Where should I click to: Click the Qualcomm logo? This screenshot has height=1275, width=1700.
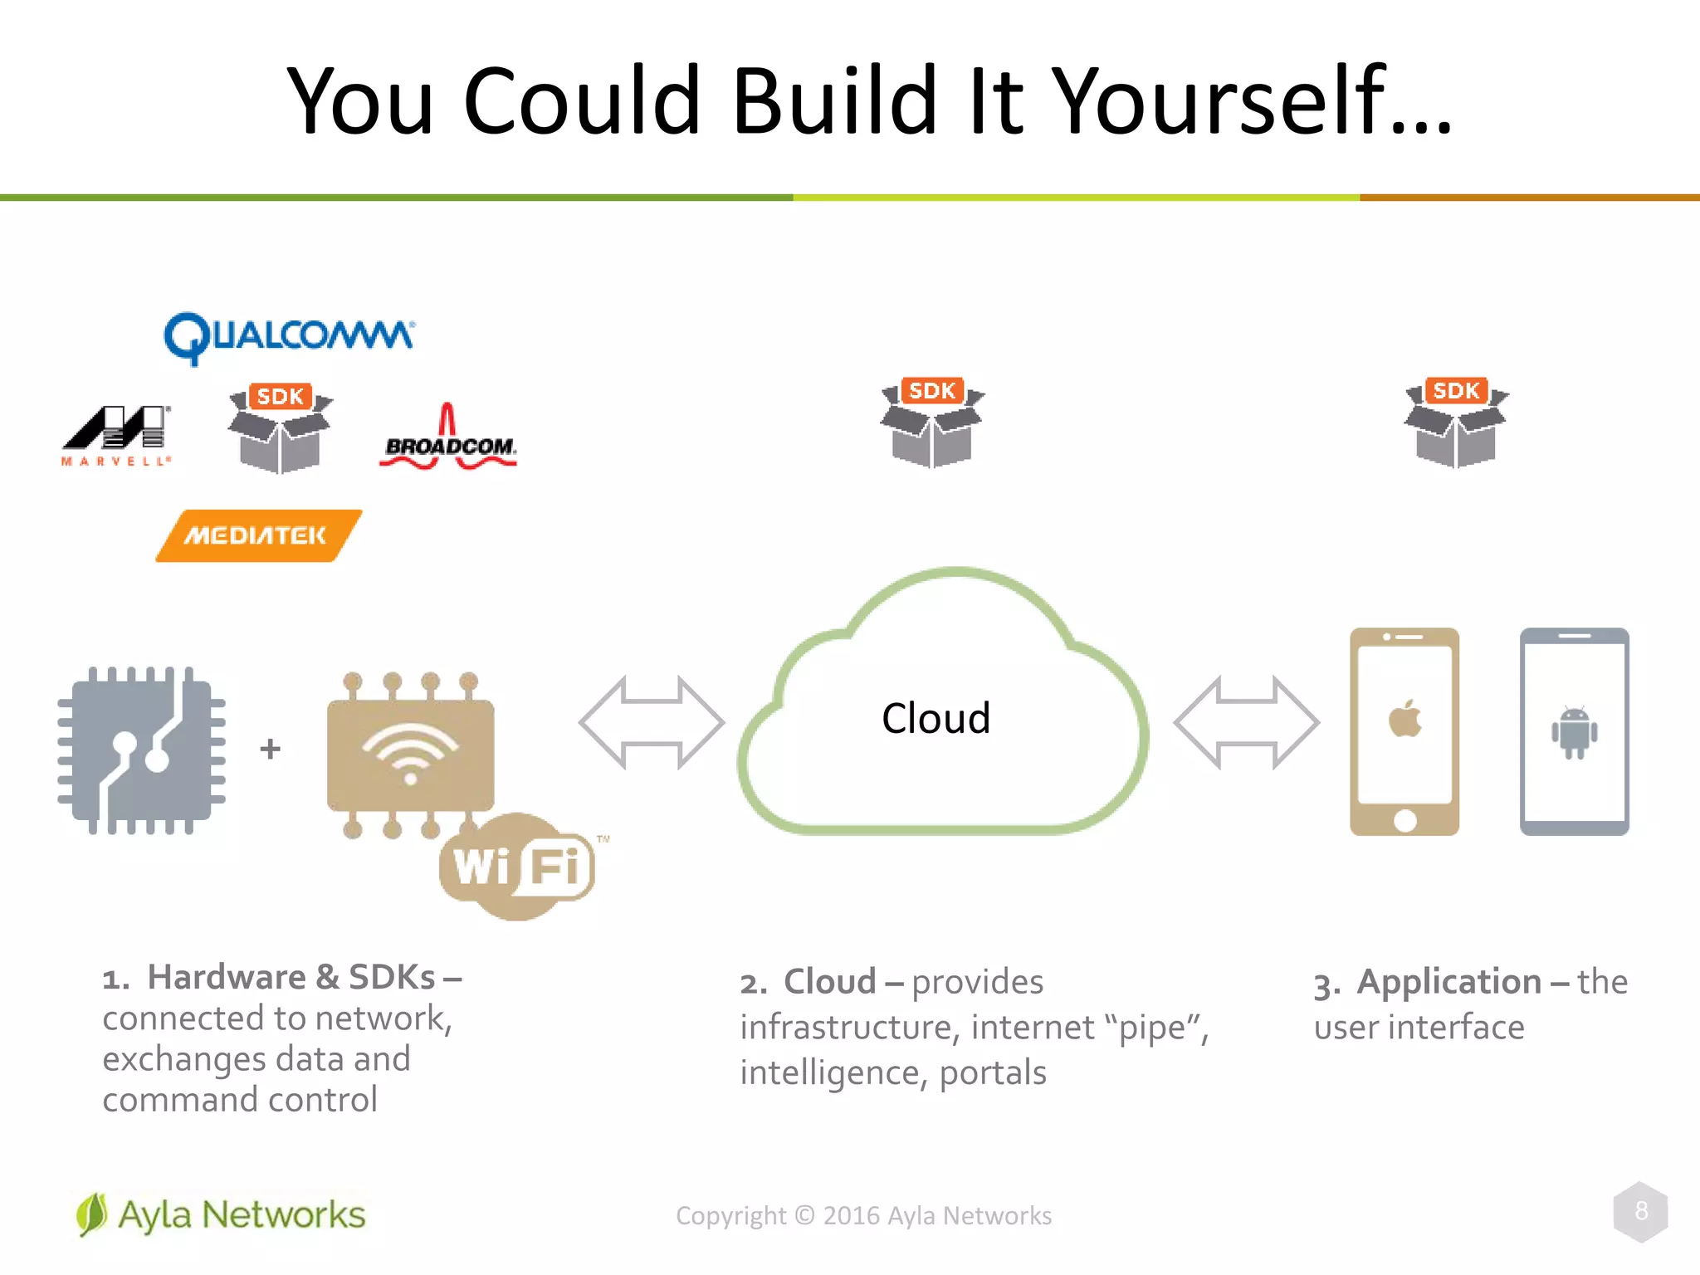point(289,337)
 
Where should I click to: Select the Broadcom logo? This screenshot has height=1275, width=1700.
point(448,440)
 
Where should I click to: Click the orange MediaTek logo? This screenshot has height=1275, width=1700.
point(258,535)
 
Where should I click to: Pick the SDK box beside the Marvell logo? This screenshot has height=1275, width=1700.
point(280,428)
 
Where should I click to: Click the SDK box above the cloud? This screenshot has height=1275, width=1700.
point(932,423)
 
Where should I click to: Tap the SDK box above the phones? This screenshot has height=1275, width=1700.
point(1456,423)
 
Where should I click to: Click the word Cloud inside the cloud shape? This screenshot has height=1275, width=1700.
point(935,718)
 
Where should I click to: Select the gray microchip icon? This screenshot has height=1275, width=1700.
point(142,750)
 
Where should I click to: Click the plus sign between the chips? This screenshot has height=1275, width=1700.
point(270,749)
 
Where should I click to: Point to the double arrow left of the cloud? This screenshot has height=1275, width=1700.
point(652,722)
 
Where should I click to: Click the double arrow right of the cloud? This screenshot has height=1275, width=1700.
point(1246,722)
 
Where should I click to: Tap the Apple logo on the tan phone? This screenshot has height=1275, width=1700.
point(1404,719)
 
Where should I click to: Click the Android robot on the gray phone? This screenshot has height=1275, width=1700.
point(1574,731)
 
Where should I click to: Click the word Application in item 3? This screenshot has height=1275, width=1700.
point(1448,981)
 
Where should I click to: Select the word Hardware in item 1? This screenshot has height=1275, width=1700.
point(227,977)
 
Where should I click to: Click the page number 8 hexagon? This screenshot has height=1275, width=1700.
point(1640,1211)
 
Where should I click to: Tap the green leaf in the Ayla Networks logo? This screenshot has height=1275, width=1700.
point(91,1214)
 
